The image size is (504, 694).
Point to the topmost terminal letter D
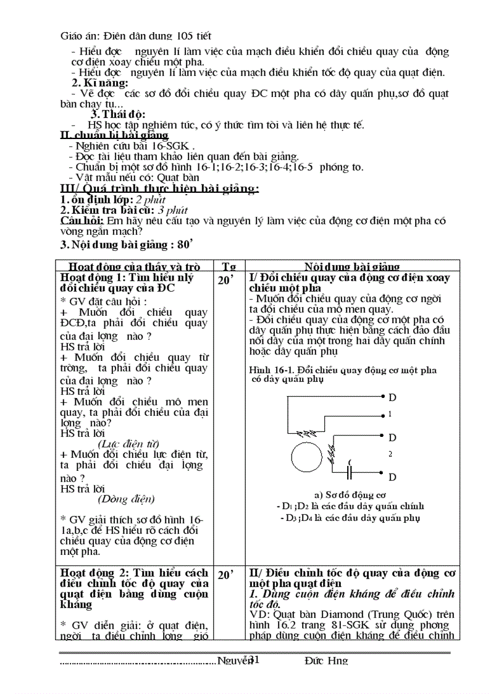(392, 397)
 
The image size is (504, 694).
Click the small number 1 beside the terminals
(389, 415)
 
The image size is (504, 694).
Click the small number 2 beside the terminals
(390, 454)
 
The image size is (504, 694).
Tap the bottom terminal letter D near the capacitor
(392, 477)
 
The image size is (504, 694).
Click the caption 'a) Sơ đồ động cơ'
(349, 494)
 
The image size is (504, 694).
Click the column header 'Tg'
(229, 266)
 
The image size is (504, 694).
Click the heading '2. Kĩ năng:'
(100, 83)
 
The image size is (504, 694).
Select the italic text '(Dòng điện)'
(127, 499)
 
